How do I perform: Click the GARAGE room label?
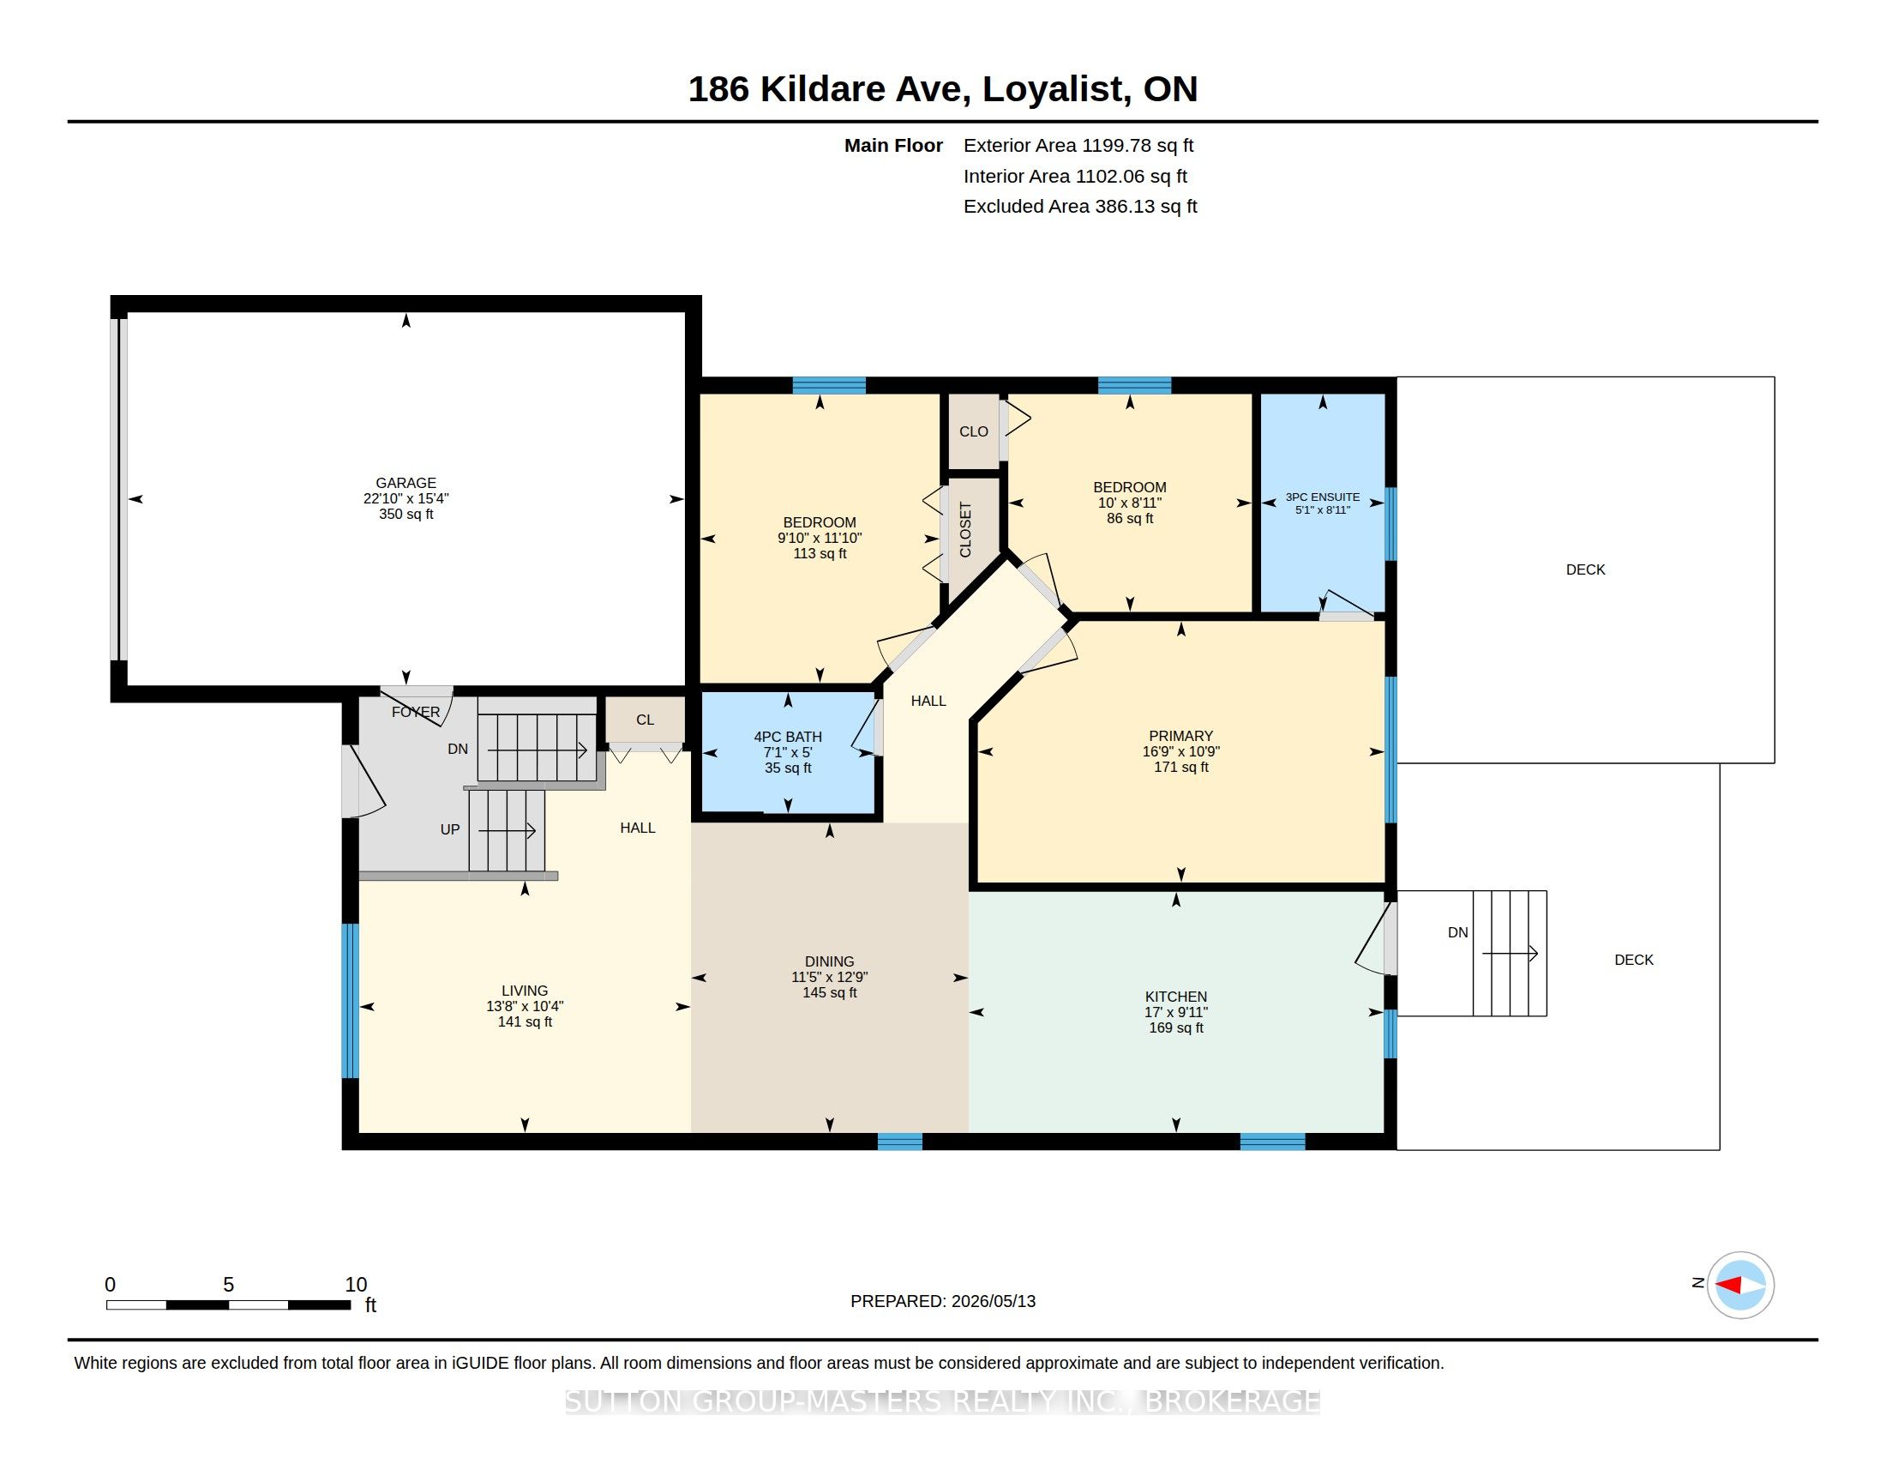[405, 483]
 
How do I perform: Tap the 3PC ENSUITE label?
[1322, 497]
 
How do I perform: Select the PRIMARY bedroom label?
[1180, 736]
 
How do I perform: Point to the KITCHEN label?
[1175, 996]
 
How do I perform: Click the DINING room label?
[829, 961]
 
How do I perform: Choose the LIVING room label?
[524, 991]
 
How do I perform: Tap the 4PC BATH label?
[788, 737]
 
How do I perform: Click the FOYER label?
[416, 712]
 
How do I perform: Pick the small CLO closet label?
[973, 431]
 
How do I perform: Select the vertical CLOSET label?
[965, 529]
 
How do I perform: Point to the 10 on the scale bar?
[356, 1285]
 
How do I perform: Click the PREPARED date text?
[942, 1301]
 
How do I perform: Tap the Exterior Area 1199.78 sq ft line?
[1078, 145]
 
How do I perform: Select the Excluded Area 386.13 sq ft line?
[1079, 207]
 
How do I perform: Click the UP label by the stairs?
[450, 829]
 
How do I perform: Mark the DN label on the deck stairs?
[1457, 932]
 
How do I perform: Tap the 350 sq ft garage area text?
[405, 514]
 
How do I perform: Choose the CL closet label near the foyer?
[645, 720]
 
